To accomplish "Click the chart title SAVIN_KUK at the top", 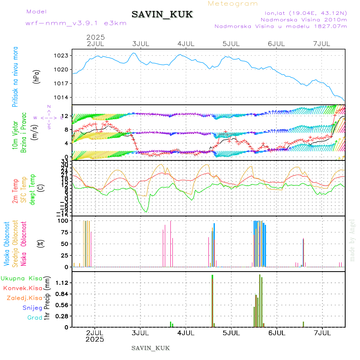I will (x=162, y=15).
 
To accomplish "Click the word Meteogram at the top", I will (x=233, y=4).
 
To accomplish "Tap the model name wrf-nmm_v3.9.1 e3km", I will (x=76, y=23).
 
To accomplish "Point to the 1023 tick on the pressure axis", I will (x=62, y=56).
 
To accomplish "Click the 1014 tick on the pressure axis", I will (x=62, y=98).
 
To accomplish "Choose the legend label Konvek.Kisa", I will (x=22, y=288).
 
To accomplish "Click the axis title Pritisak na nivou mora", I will (x=15, y=77).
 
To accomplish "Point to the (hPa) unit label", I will (x=37, y=77).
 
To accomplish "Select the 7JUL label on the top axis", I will (x=322, y=44).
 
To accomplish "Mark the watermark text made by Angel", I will (x=352, y=240).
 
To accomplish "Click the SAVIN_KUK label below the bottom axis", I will (x=151, y=348).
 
